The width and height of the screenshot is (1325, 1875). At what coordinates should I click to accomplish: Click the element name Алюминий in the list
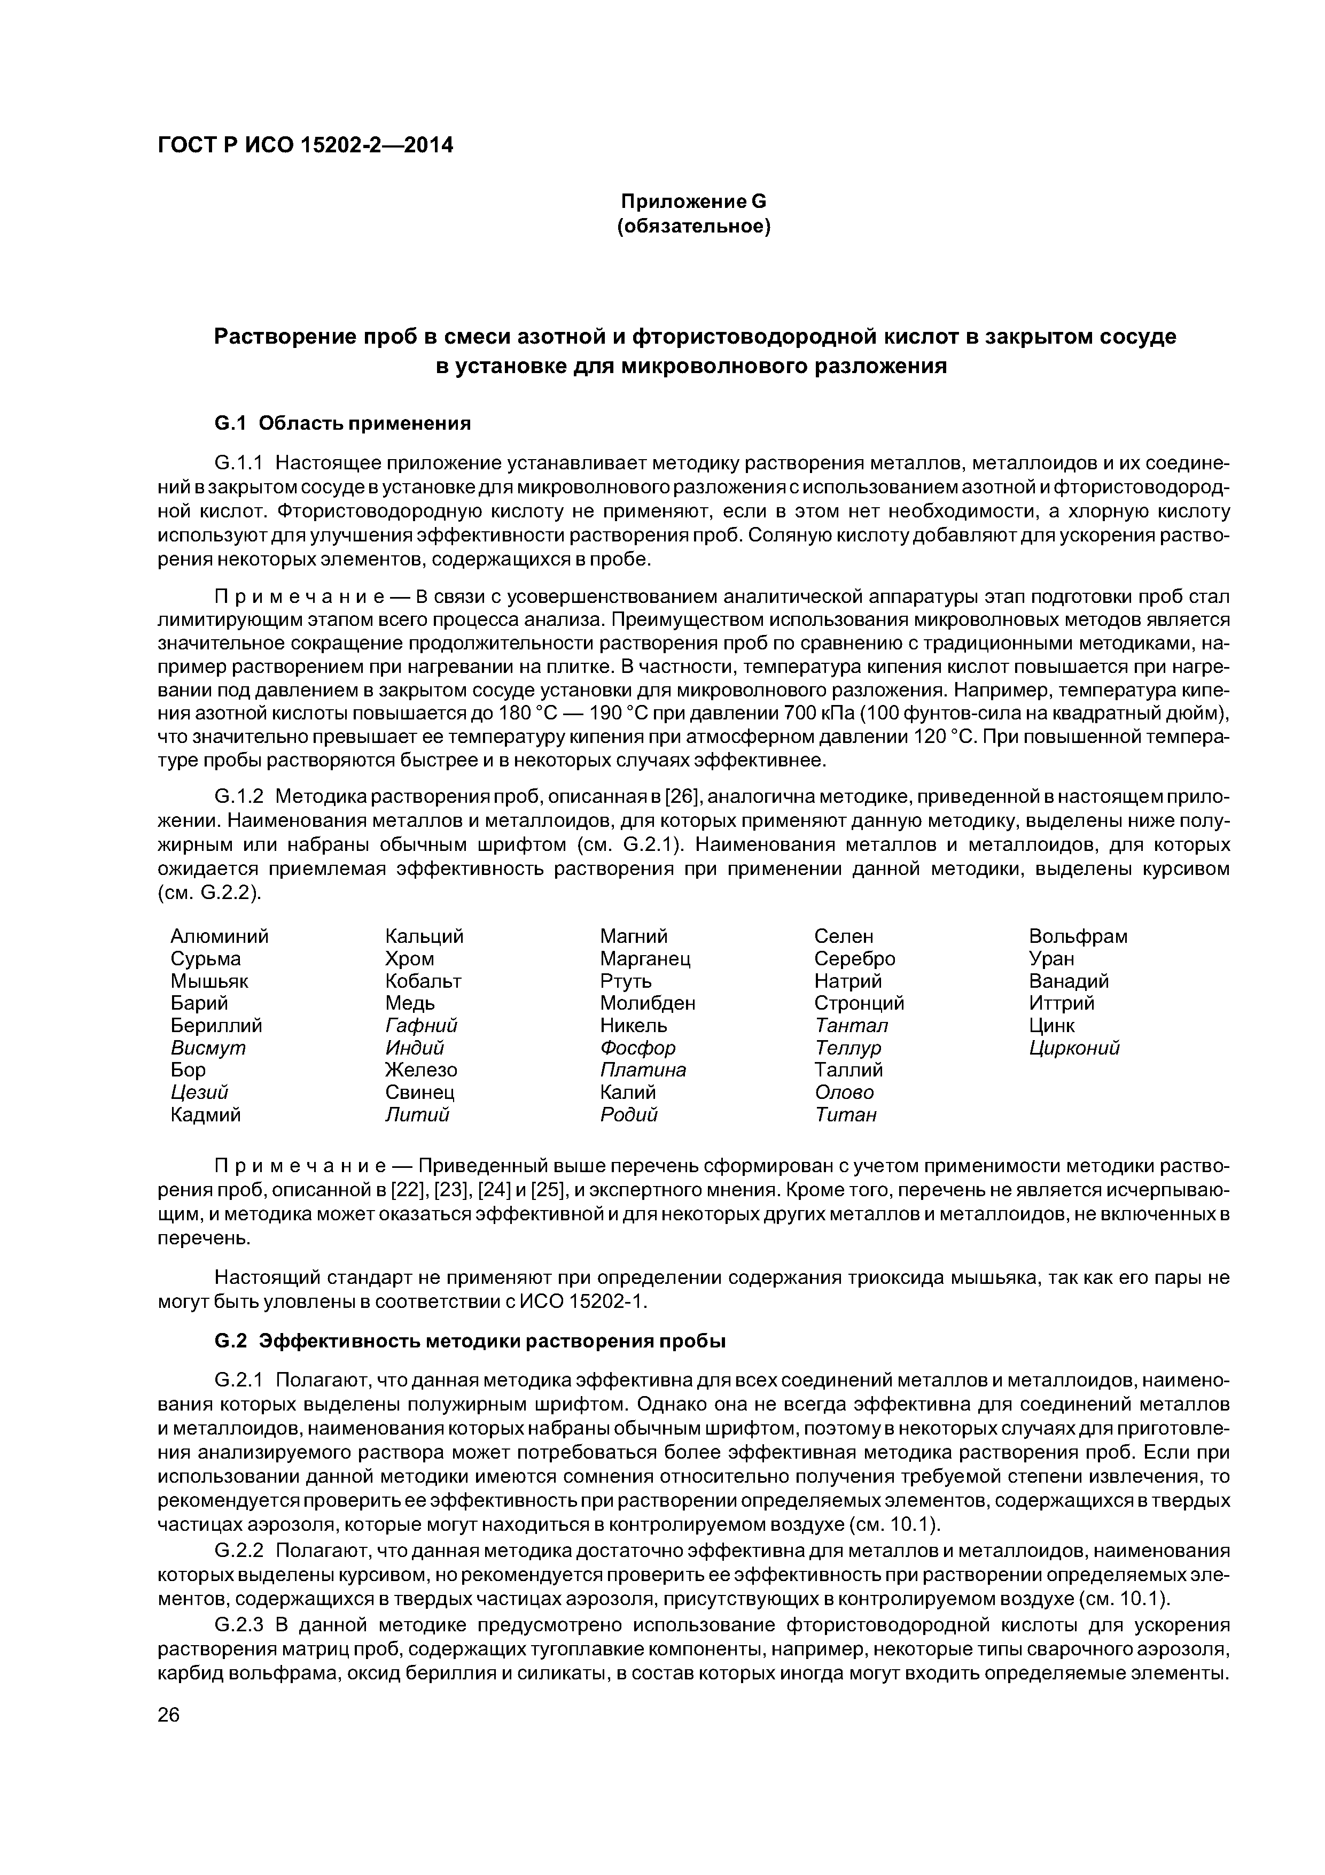click(220, 936)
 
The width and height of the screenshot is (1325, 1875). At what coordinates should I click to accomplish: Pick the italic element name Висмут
click(208, 1048)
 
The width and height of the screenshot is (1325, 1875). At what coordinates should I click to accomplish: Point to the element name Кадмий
click(206, 1115)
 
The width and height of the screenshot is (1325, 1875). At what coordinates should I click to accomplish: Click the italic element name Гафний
click(421, 1025)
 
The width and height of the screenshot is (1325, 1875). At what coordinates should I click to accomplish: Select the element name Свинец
click(419, 1092)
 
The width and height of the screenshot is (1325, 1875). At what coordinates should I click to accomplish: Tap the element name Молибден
click(648, 1003)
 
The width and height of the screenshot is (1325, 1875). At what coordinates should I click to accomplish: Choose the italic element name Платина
click(643, 1070)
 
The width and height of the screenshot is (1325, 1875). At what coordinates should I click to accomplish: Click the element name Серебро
click(855, 959)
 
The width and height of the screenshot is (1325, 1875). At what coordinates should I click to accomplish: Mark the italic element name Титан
click(846, 1115)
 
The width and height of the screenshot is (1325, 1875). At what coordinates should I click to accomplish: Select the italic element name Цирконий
click(1074, 1048)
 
